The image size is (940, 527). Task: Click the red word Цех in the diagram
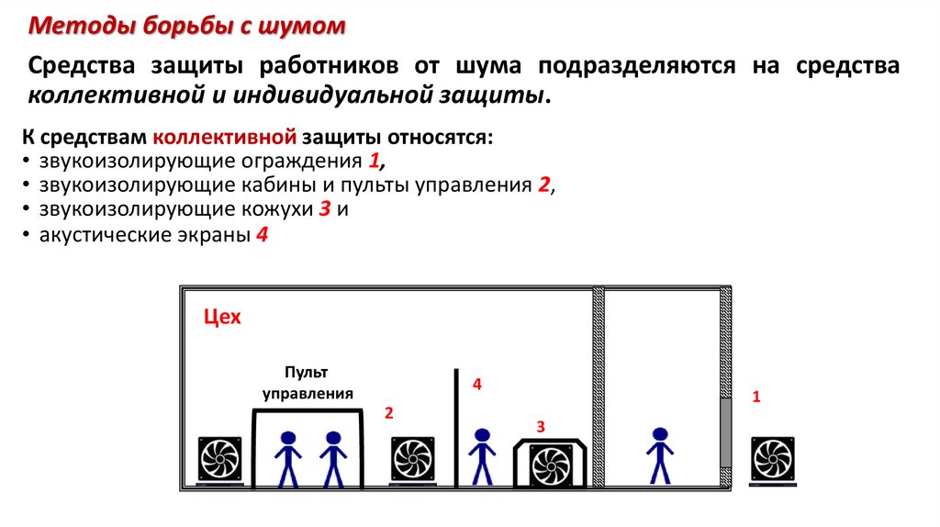222,317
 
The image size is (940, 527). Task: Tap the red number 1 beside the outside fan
756,397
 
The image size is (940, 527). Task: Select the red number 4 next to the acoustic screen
477,384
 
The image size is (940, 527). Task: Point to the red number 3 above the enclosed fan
541,427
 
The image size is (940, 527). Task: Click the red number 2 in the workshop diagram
389,412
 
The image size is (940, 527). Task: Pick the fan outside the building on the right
773,461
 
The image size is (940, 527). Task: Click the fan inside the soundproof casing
550,465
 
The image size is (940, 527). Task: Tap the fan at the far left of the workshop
220,460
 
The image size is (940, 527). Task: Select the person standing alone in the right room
659,455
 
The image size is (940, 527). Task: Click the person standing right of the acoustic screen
482,456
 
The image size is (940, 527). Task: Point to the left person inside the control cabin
287,459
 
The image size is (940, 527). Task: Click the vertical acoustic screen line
456,428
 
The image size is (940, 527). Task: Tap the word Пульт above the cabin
307,373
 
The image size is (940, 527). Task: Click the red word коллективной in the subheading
225,138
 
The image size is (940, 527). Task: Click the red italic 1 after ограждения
375,161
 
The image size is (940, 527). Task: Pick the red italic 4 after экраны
262,234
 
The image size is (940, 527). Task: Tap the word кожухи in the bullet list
277,209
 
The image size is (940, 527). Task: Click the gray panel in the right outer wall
725,432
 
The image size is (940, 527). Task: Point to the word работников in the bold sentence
329,65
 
